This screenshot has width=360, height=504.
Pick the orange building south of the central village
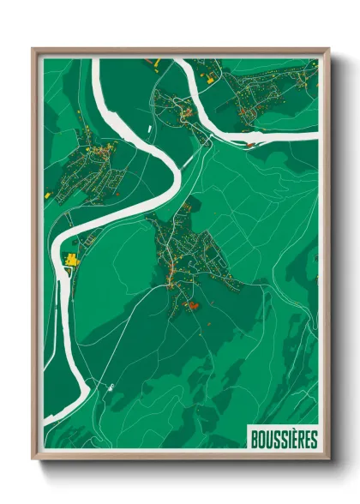point(194,306)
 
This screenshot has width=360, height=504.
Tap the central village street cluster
point(189,253)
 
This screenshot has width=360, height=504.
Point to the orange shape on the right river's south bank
point(249,146)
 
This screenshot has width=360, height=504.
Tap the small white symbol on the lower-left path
point(111,387)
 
